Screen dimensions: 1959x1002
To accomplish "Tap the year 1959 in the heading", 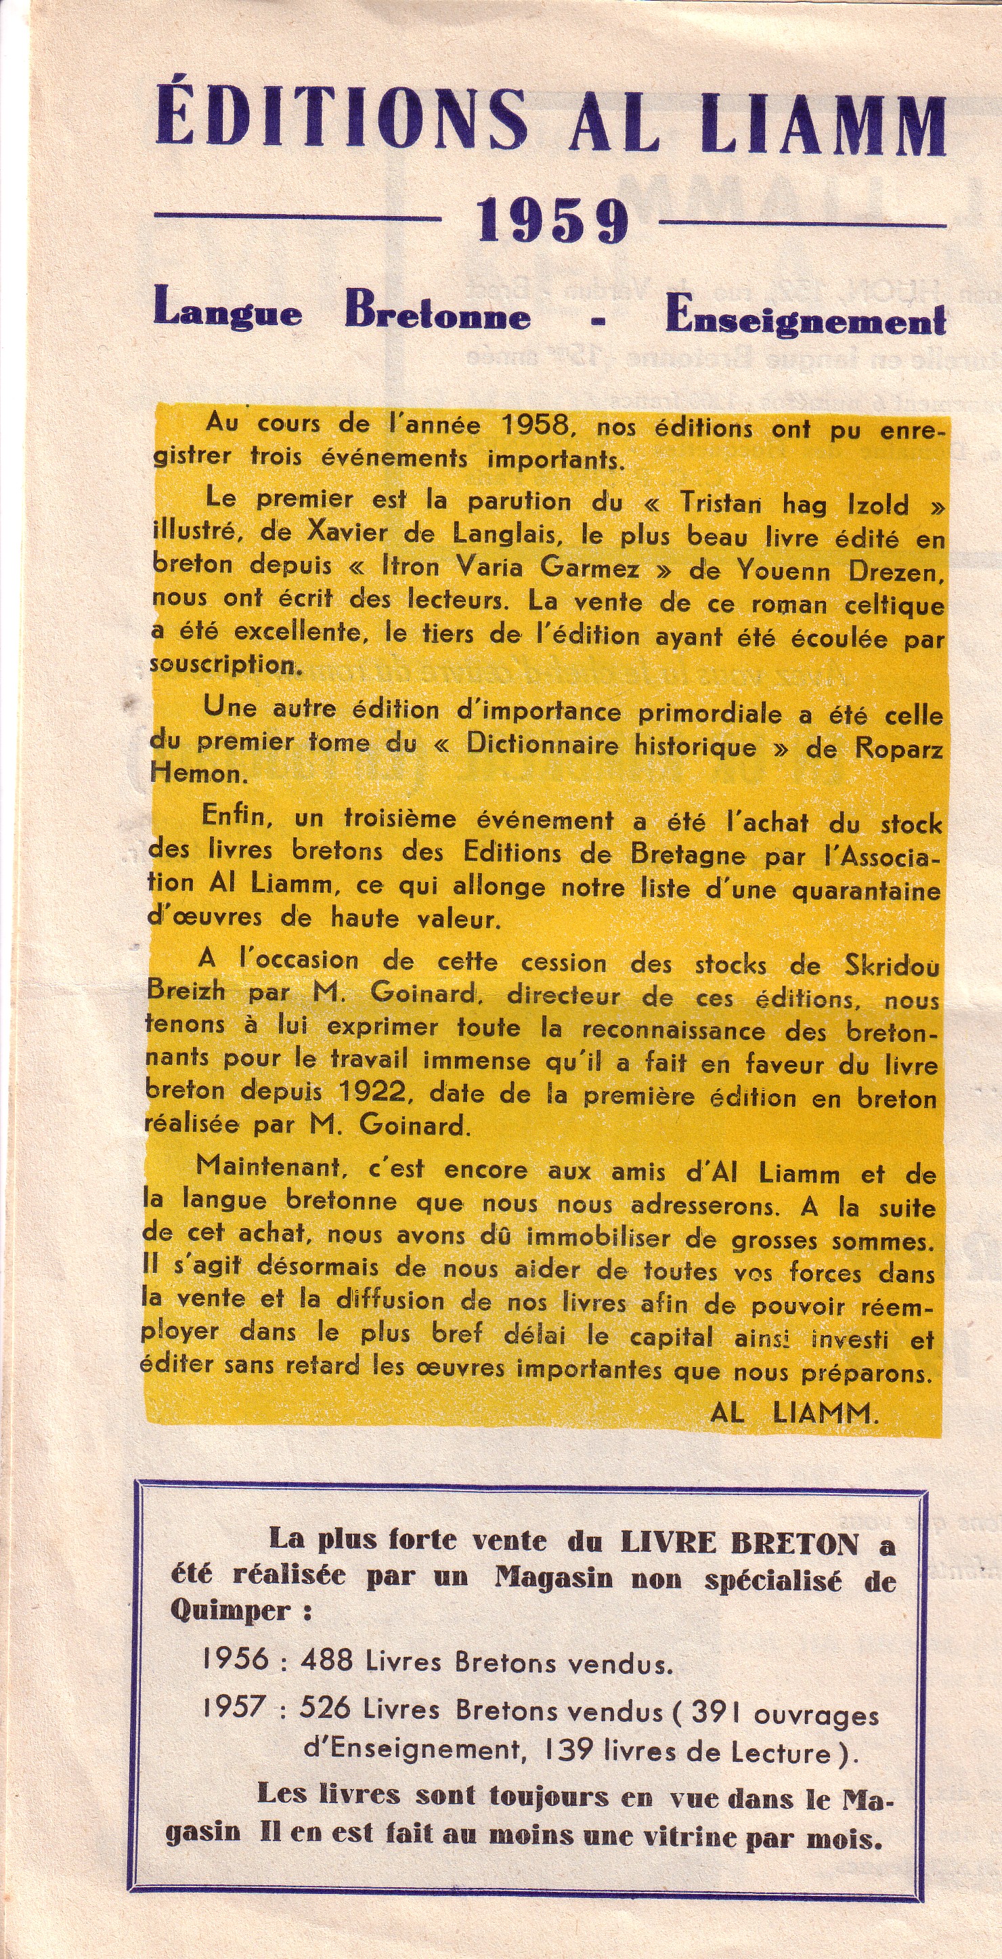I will point(552,221).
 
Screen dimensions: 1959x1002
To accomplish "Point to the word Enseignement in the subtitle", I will point(806,320).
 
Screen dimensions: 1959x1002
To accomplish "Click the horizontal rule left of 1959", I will point(297,217).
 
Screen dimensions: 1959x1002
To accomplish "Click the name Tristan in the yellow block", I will point(721,503).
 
